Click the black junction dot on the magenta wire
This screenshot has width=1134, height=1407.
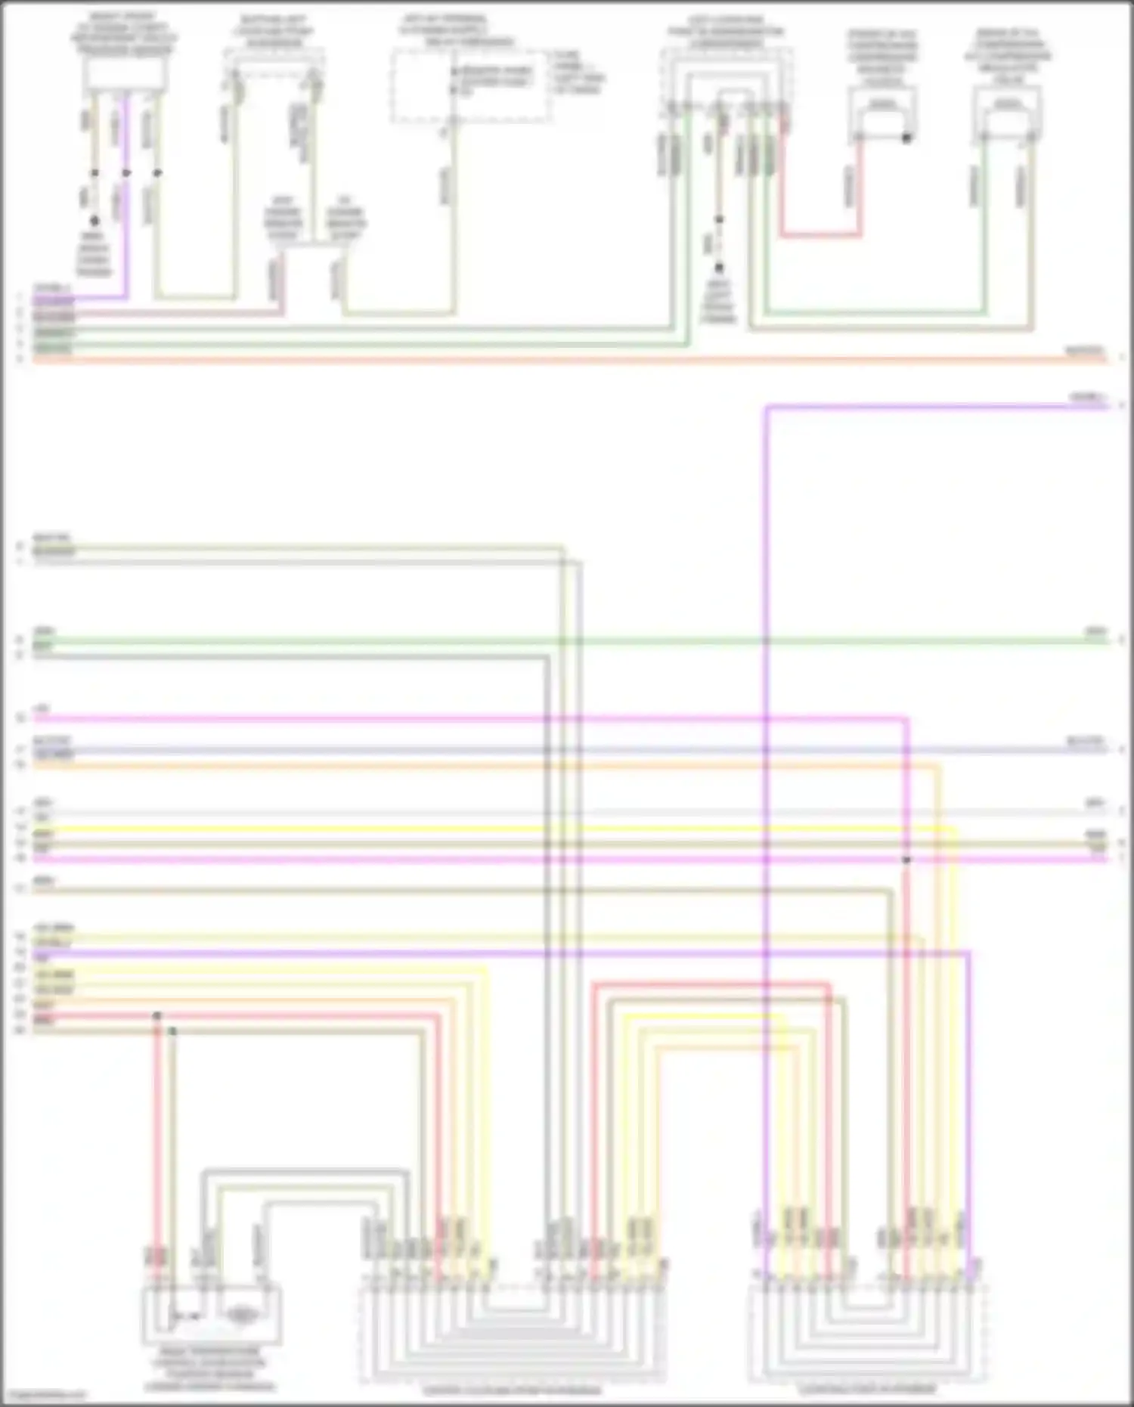click(x=906, y=860)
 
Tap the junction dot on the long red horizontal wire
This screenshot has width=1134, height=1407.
click(x=157, y=1015)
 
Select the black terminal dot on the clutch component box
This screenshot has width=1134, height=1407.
click(x=906, y=138)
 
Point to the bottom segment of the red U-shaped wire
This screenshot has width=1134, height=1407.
click(x=820, y=234)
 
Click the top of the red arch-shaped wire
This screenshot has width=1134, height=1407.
click(x=711, y=983)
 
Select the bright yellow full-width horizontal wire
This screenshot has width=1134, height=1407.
click(x=529, y=829)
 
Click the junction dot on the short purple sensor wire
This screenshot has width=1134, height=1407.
click(x=126, y=173)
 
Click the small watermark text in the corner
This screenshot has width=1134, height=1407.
click(x=45, y=1395)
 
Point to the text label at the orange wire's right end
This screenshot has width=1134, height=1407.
click(x=1084, y=351)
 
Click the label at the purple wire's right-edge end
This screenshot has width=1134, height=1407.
click(x=1087, y=397)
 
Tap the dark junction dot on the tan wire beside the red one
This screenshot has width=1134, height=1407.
click(x=173, y=1030)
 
